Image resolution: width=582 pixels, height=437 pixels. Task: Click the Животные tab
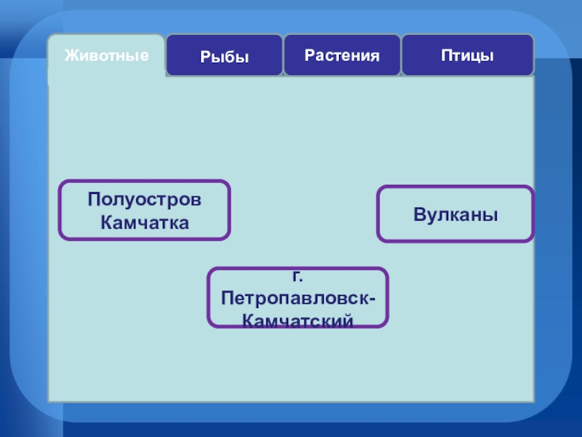point(106,55)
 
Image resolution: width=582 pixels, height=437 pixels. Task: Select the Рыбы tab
point(224,55)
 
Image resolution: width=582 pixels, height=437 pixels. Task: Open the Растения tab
point(342,55)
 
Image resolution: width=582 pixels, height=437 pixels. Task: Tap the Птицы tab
point(467,55)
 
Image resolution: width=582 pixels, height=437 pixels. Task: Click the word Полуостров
point(145,200)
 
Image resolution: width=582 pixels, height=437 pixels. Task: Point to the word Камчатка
point(145,222)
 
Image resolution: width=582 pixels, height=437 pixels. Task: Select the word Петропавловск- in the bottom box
point(299,299)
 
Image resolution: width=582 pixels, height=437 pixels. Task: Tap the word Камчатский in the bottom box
point(298,320)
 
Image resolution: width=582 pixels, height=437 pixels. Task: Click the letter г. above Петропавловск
point(298,277)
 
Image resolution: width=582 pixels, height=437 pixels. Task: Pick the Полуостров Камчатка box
point(145,210)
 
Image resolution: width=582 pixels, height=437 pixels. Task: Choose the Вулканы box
point(455,213)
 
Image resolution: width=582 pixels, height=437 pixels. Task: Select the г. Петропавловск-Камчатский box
point(298,297)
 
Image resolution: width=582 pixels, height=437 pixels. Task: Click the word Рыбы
point(224,56)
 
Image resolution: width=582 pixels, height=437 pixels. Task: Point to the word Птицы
point(467,55)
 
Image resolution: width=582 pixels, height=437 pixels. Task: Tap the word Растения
point(342,55)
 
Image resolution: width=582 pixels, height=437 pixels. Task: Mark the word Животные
point(106,55)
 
